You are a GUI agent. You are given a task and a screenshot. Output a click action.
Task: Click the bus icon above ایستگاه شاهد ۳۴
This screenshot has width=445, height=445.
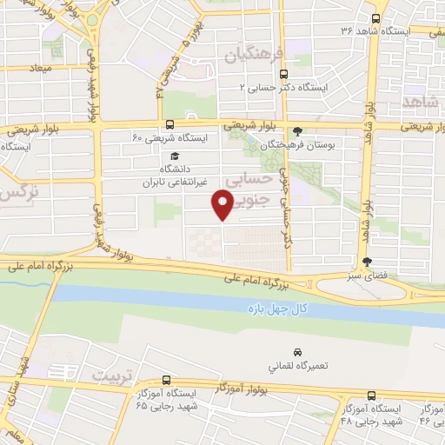click(375, 18)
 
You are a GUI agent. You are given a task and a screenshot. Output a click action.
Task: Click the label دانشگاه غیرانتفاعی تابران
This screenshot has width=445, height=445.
click(171, 176)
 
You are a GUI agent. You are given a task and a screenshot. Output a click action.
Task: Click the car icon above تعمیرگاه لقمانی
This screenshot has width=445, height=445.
click(297, 352)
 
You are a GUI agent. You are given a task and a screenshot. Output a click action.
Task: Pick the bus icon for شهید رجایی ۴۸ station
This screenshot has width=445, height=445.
click(372, 393)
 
